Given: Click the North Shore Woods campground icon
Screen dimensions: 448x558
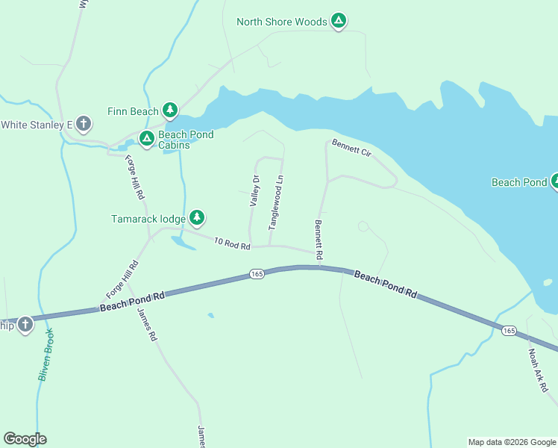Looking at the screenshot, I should pos(339,22).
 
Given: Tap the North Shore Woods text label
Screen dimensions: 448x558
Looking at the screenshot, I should pos(282,22).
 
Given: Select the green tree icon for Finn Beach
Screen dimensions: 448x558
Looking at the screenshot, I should pos(170,111).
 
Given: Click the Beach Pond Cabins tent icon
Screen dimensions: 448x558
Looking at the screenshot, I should pos(147,139).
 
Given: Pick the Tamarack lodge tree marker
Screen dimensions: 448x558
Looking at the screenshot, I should pos(196,218).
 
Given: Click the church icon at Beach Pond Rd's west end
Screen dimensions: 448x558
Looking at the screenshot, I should pos(25,325).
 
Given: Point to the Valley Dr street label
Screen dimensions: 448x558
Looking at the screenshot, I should pos(254,190).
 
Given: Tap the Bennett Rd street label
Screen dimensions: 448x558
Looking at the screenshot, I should pos(318,239).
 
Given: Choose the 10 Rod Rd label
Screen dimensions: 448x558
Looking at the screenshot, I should pos(231,243).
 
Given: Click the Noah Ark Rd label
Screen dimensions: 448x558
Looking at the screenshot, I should pos(538,371).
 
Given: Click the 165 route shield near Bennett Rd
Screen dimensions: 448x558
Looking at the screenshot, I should pos(257,275).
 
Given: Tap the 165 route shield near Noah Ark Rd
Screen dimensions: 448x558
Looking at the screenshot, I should pos(509,330).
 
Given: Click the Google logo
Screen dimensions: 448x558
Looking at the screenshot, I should pos(25,439).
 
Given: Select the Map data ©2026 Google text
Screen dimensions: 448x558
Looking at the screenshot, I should pos(512,442).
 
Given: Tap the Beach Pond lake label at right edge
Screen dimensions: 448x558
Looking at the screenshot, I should pos(519,182).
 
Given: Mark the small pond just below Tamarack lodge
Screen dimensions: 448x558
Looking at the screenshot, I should pos(182,242).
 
